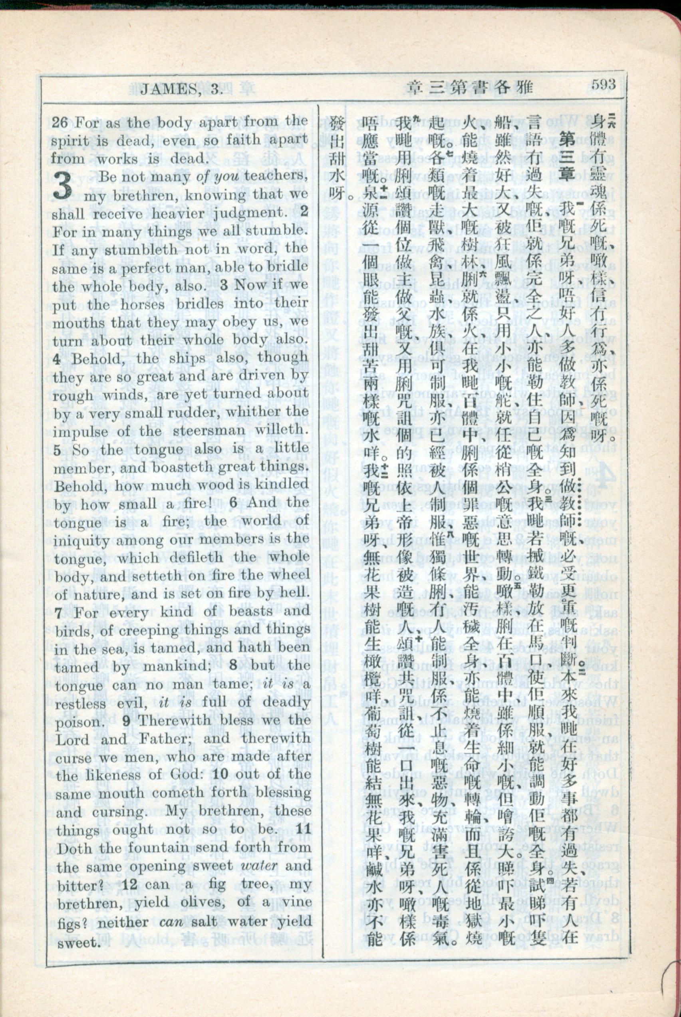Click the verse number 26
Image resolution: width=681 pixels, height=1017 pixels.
click(x=59, y=123)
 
